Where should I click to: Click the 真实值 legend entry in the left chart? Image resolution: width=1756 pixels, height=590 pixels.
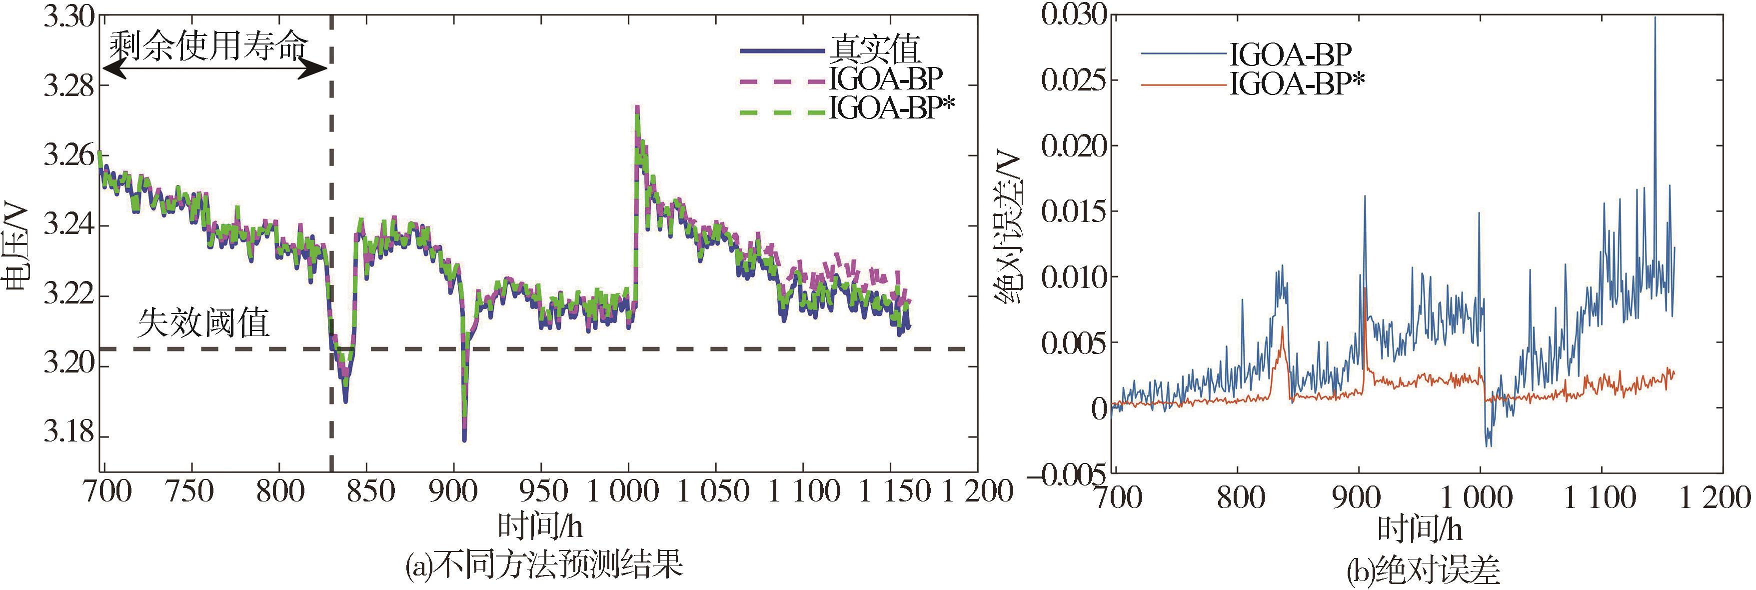(x=875, y=49)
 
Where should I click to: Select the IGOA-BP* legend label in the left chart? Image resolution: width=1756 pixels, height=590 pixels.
(x=891, y=108)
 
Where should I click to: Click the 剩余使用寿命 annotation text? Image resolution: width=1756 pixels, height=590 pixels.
(x=208, y=46)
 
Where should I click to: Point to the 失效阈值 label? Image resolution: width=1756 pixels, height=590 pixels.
(x=203, y=322)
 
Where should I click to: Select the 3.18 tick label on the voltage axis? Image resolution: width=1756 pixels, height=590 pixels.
(x=67, y=434)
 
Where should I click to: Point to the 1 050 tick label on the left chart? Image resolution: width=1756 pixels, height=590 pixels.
(x=713, y=491)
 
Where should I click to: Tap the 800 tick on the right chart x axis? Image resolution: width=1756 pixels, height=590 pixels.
(x=1239, y=498)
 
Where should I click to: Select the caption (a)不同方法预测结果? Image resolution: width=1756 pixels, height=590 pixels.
(x=543, y=565)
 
